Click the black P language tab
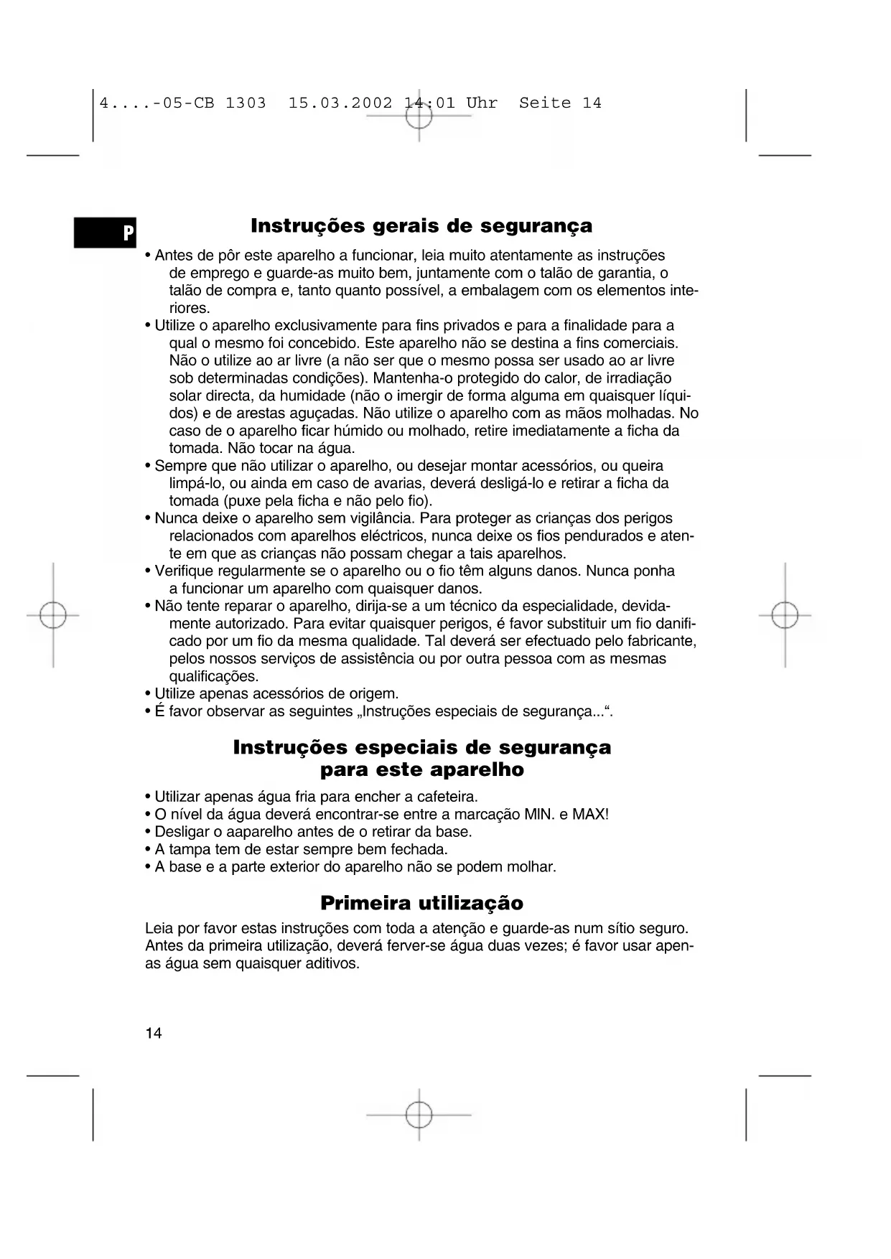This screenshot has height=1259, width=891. (x=106, y=233)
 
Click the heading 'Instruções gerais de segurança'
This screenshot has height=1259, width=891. (x=421, y=226)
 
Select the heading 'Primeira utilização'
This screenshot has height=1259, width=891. (x=421, y=903)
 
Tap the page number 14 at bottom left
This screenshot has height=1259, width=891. (x=154, y=1034)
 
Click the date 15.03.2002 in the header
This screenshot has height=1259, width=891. (x=340, y=103)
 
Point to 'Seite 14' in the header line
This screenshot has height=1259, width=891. (x=560, y=103)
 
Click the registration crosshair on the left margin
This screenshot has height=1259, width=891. (x=53, y=615)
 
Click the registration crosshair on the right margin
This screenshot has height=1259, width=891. (x=785, y=615)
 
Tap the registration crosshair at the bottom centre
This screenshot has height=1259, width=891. (x=419, y=1115)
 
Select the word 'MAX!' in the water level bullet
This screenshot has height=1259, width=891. (x=590, y=815)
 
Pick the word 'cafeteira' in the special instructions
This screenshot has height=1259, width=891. (x=447, y=797)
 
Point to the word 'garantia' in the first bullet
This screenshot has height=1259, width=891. (x=628, y=273)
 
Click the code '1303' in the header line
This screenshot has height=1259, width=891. (x=246, y=103)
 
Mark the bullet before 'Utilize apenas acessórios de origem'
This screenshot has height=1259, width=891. (x=148, y=694)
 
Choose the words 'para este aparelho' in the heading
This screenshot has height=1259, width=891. (x=421, y=770)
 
